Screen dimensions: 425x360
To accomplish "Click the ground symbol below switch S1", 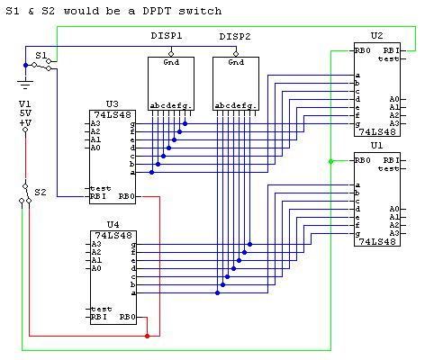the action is [x=25, y=85].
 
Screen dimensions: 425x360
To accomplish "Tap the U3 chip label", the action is [x=113, y=104].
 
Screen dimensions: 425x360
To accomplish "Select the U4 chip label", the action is [x=113, y=224].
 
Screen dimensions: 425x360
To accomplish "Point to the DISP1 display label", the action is [x=167, y=36].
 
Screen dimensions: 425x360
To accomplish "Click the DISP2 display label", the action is [x=235, y=37].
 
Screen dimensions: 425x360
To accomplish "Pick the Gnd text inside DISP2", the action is [x=236, y=62].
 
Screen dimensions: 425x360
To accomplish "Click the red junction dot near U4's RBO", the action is [x=147, y=336].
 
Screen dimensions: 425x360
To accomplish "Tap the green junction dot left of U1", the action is [x=330, y=161].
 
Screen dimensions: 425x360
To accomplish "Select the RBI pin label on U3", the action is [x=98, y=196].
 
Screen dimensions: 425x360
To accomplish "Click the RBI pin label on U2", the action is [x=392, y=50].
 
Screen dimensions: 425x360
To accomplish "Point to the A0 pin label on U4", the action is [x=96, y=268].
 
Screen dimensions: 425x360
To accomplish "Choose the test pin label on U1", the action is [x=388, y=168].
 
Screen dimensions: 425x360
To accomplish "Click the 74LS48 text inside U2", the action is [x=377, y=131].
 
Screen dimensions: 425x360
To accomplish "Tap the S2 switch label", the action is [x=41, y=192].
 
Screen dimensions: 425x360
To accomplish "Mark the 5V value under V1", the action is [x=25, y=113].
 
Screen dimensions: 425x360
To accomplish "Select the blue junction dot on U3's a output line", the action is [x=152, y=172].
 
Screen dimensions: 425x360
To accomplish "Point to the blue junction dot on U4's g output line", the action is [x=249, y=244].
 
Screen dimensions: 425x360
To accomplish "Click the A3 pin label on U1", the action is [x=394, y=233].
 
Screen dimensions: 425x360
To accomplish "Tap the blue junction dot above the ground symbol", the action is [x=25, y=65].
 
